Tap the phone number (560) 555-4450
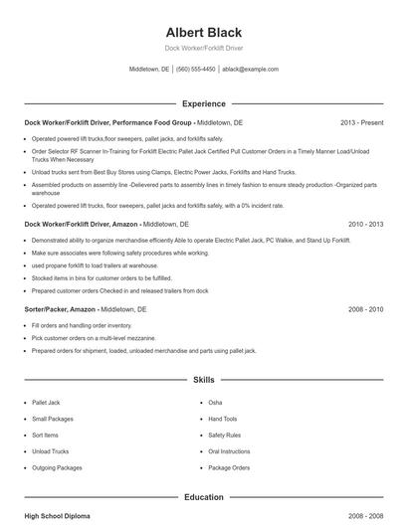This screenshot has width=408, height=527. [x=195, y=70]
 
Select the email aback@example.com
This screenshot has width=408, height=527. [x=250, y=70]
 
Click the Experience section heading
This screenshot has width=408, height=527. [x=203, y=103]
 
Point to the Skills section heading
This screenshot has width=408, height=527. [x=203, y=380]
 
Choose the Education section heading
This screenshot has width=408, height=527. [x=203, y=496]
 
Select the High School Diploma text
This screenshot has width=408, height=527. [x=59, y=517]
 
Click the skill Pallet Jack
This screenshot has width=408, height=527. [x=47, y=403]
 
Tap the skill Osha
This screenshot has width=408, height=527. [x=215, y=403]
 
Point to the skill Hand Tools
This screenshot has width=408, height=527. [x=223, y=419]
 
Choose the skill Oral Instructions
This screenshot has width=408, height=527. [x=228, y=451]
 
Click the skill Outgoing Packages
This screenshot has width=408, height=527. [x=58, y=467]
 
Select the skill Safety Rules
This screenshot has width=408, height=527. [x=224, y=436]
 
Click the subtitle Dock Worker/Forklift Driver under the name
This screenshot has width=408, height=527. [x=203, y=48]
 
